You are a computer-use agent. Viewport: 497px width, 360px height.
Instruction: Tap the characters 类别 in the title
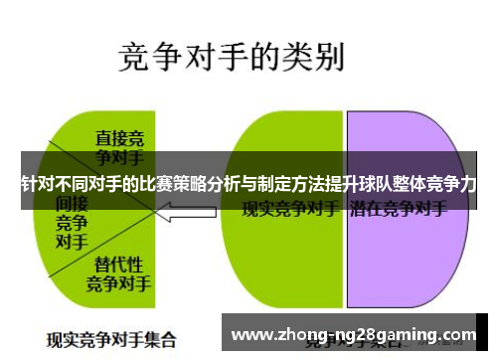[x=315, y=57]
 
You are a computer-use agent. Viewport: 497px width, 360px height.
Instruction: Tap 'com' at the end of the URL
[x=459, y=335]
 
